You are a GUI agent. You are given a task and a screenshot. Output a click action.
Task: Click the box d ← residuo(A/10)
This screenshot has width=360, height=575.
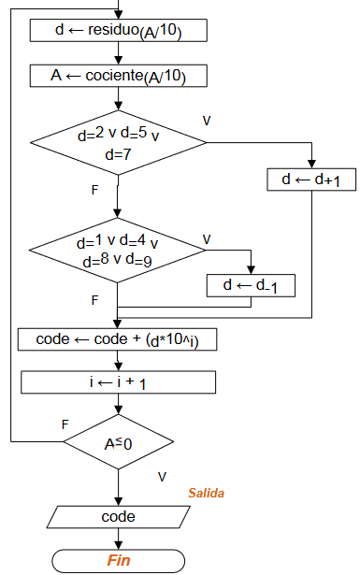tap(118, 31)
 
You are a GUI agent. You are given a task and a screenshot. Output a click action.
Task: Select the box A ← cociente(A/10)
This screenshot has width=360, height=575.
tap(118, 76)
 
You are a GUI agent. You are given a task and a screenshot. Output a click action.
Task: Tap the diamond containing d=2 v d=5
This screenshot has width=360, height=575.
tap(118, 143)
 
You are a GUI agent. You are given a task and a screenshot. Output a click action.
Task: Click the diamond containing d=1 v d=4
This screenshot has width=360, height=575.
tap(118, 250)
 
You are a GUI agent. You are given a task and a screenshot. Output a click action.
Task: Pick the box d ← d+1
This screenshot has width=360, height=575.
tap(312, 179)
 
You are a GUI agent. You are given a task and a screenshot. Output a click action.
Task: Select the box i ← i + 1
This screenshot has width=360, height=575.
tap(118, 382)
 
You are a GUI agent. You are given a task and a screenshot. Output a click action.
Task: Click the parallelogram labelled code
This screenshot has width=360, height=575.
tap(118, 516)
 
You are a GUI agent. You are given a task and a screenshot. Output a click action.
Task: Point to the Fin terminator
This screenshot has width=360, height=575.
tap(118, 560)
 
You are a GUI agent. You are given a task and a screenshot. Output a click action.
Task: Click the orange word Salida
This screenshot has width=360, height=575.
tap(206, 493)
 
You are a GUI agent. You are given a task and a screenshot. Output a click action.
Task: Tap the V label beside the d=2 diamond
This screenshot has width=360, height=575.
tap(207, 121)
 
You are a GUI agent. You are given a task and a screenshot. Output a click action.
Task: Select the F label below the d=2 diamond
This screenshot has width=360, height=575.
tap(94, 190)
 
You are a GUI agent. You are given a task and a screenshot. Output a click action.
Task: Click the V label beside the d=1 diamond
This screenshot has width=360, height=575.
tap(207, 238)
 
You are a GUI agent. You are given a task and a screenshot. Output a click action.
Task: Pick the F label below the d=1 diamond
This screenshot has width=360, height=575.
tap(94, 300)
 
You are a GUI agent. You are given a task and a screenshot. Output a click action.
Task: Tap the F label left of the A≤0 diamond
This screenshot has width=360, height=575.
tap(65, 424)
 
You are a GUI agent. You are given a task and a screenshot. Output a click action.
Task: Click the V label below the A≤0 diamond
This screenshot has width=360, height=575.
tap(162, 477)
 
